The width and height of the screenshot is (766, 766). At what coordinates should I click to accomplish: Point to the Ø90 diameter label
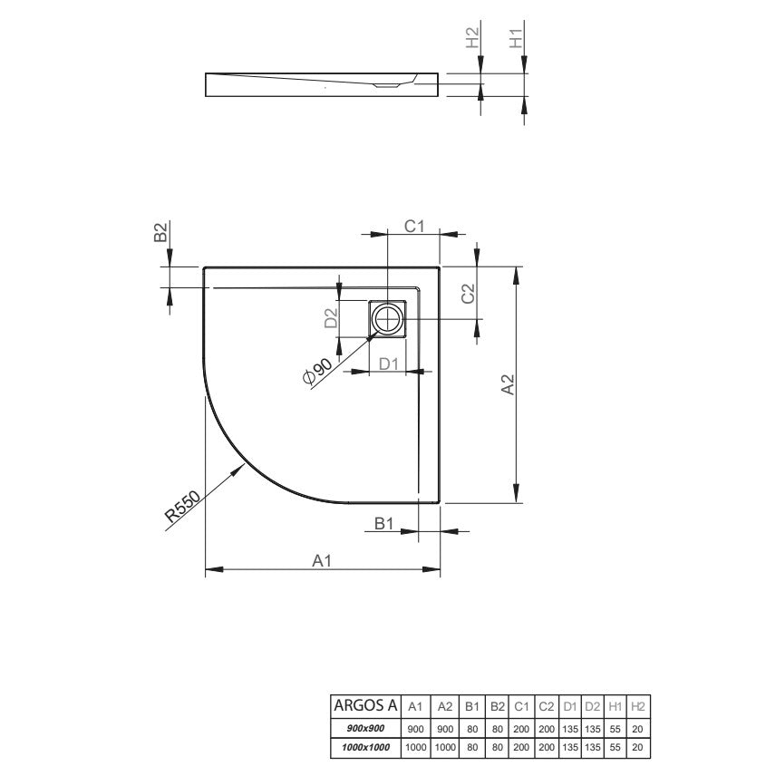click(x=317, y=372)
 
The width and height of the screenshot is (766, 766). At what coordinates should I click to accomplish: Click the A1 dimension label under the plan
click(x=322, y=560)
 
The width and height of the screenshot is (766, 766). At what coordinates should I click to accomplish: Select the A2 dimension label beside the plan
click(x=508, y=384)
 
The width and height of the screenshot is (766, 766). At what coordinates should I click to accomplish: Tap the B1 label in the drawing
click(x=384, y=523)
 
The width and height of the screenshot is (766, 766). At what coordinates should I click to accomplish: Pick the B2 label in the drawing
click(x=160, y=232)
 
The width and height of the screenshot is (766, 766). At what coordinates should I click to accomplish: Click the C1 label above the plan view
click(x=414, y=227)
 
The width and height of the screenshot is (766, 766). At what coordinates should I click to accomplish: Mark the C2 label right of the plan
click(x=468, y=293)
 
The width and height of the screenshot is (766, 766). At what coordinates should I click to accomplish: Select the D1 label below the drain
click(x=389, y=364)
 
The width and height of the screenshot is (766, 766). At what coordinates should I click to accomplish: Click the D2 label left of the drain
click(x=331, y=318)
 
